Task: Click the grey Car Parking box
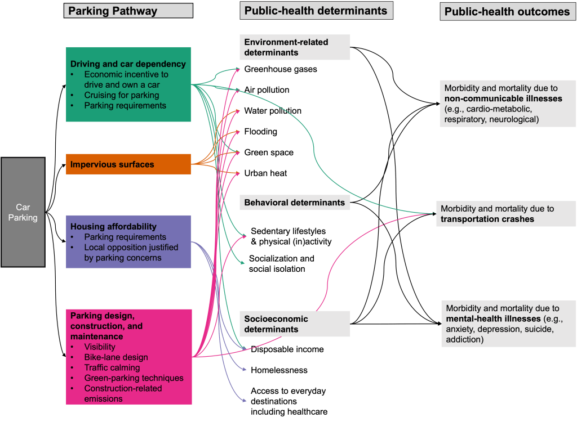23,212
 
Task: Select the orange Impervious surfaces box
128,164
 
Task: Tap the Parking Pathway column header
128,11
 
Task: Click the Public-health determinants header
316,10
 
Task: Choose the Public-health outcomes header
507,12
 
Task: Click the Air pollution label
267,90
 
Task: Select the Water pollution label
273,111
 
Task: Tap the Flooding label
260,132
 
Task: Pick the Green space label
269,152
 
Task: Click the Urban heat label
265,173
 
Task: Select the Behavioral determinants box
294,203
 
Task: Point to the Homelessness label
279,370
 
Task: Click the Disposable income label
287,349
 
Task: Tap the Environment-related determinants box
294,47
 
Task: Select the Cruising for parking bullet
122,95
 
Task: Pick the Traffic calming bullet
112,367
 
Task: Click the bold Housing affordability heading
113,226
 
